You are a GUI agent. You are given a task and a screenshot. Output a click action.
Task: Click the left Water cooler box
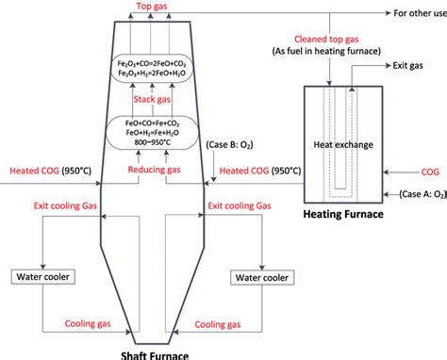click(x=42, y=277)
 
